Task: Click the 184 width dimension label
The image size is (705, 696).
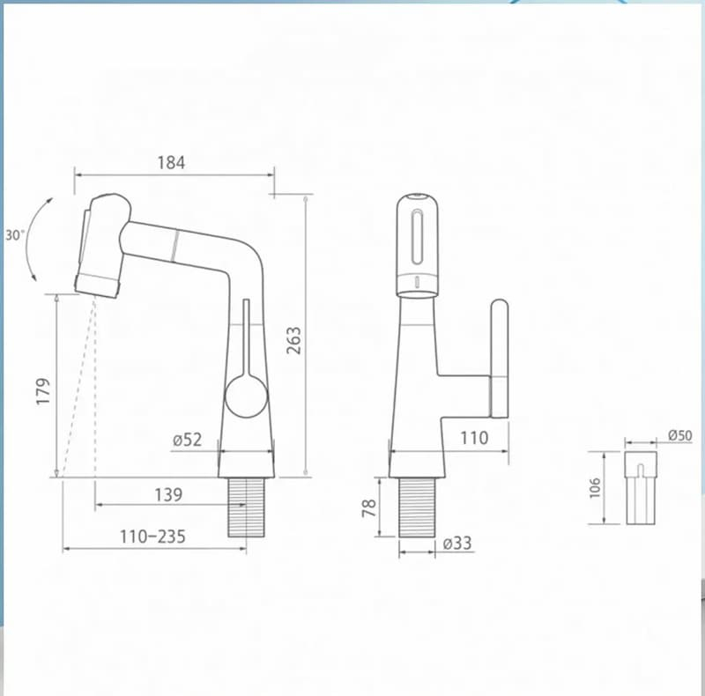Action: pyautogui.click(x=171, y=162)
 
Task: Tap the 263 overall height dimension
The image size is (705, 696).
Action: pyautogui.click(x=293, y=340)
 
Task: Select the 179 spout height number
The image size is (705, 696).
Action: pyautogui.click(x=43, y=391)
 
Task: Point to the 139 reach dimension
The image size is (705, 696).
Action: pyautogui.click(x=168, y=495)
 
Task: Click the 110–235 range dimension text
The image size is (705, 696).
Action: pyautogui.click(x=152, y=537)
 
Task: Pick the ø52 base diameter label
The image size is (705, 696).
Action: pyautogui.click(x=188, y=440)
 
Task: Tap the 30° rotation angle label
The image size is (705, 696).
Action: pyautogui.click(x=14, y=235)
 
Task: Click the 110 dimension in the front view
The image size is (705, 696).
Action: pyautogui.click(x=474, y=438)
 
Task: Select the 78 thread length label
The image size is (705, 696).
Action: pyautogui.click(x=369, y=507)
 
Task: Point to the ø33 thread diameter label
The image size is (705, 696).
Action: pyautogui.click(x=457, y=543)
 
